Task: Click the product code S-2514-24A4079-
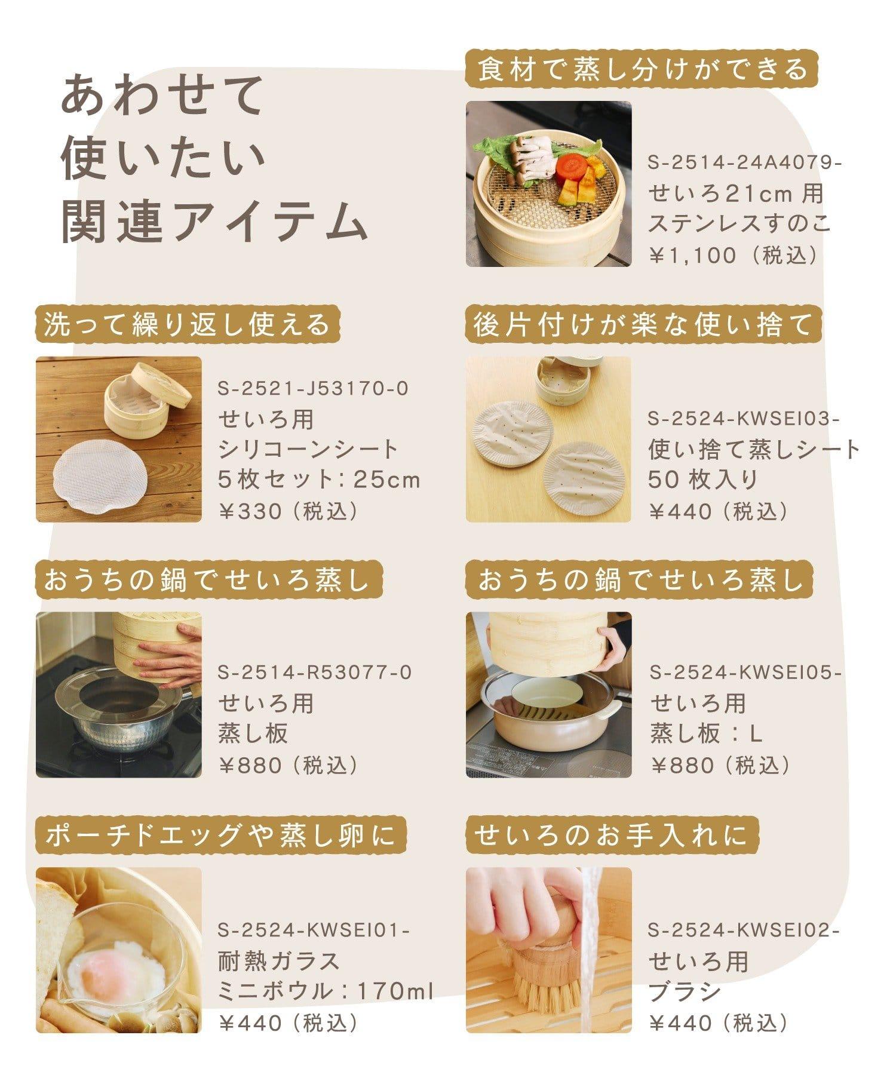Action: (744, 162)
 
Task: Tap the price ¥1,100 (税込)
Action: (734, 256)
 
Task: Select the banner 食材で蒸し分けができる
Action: (642, 68)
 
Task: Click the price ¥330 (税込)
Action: (289, 511)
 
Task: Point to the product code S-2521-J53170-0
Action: (313, 389)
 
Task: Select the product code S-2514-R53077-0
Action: (314, 672)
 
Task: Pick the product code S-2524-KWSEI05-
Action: (745, 672)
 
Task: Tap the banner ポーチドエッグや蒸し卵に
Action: (220, 835)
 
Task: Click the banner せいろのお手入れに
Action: (612, 835)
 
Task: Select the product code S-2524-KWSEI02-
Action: (744, 930)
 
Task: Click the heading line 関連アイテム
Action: (214, 222)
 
